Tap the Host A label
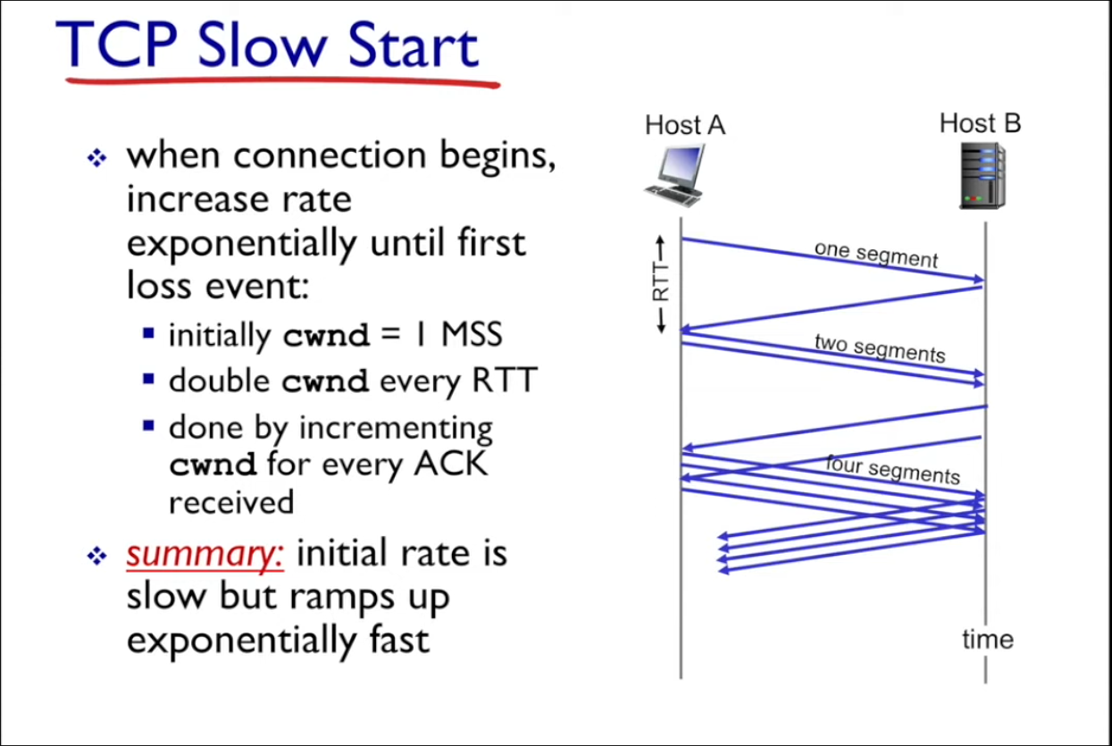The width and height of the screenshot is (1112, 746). (x=685, y=125)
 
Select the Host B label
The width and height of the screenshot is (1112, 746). (x=980, y=123)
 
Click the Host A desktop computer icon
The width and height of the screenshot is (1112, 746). (x=674, y=175)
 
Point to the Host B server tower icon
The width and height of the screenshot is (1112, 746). (x=982, y=176)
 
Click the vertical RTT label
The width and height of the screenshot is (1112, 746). (x=661, y=282)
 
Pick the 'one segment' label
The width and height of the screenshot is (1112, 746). (x=876, y=255)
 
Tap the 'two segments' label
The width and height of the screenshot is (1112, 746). (x=880, y=348)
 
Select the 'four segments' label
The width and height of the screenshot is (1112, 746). (x=893, y=470)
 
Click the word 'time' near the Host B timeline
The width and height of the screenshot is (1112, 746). (x=988, y=639)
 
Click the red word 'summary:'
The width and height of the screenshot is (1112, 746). (x=205, y=554)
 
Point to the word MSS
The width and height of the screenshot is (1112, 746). (x=472, y=334)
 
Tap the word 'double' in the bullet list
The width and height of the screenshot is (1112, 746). (x=219, y=381)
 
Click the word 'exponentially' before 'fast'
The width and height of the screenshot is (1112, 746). (x=241, y=641)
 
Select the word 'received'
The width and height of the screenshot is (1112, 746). (x=231, y=503)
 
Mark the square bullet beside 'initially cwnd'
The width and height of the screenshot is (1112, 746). (x=148, y=332)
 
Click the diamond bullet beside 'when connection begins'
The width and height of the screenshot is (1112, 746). (x=96, y=158)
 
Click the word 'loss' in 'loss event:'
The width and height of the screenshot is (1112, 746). (x=159, y=286)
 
